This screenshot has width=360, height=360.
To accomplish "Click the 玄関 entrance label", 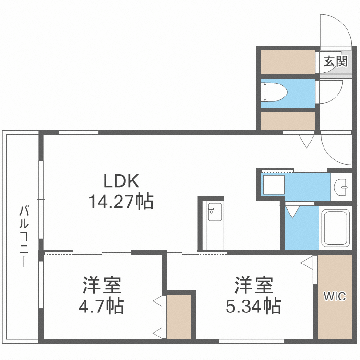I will click(335, 61).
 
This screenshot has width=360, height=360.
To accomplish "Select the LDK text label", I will click(121, 181).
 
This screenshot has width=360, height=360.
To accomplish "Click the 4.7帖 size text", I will click(101, 306).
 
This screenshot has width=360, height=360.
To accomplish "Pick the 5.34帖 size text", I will click(253, 306).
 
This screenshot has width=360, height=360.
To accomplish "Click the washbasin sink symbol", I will click(342, 185).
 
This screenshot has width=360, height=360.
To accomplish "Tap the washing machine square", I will click(273, 184).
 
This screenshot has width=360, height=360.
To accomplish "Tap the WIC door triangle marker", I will click(308, 264).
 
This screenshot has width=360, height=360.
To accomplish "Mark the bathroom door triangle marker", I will click(292, 211).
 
